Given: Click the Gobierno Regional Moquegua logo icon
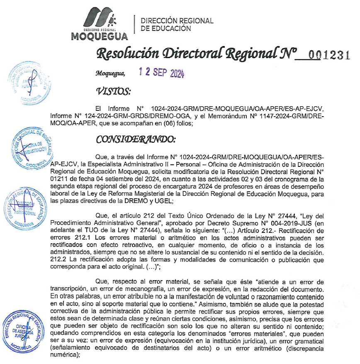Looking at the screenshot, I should pos(100,19).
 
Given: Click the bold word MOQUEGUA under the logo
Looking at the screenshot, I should pos(100,37).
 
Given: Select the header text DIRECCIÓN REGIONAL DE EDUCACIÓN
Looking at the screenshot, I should pos(177,24).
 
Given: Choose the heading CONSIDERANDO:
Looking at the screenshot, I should pos(136,139).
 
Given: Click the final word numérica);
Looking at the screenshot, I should pos(64,355).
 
